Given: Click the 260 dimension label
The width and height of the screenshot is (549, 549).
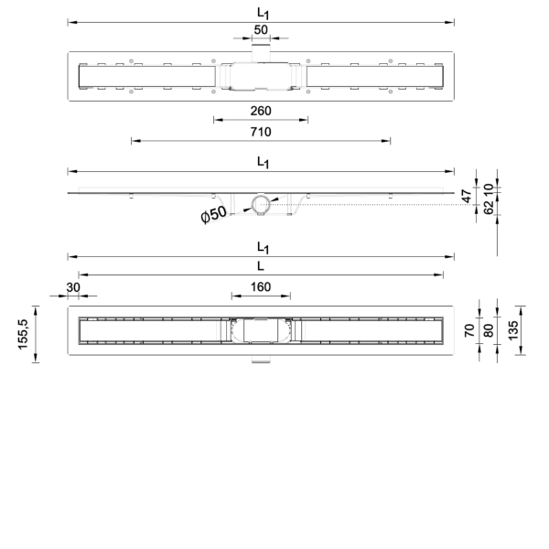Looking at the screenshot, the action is pos(261,111).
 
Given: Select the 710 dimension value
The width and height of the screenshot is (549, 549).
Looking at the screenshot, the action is pos(261,132).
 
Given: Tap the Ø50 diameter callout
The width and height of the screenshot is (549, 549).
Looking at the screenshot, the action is pos(213,214).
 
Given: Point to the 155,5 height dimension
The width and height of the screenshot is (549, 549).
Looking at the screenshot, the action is pos(23,334).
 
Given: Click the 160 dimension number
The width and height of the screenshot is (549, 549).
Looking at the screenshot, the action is pos(261,287).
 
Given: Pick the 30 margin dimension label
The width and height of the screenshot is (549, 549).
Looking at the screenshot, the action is pos(73,287).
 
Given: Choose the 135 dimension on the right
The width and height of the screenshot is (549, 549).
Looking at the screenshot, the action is pos(512,330).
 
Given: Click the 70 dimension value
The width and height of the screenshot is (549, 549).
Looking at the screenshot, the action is pos(469,330).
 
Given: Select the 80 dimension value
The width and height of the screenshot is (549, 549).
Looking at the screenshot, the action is pos(488,330).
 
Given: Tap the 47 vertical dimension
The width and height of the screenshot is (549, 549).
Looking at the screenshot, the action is pos(467,197).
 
